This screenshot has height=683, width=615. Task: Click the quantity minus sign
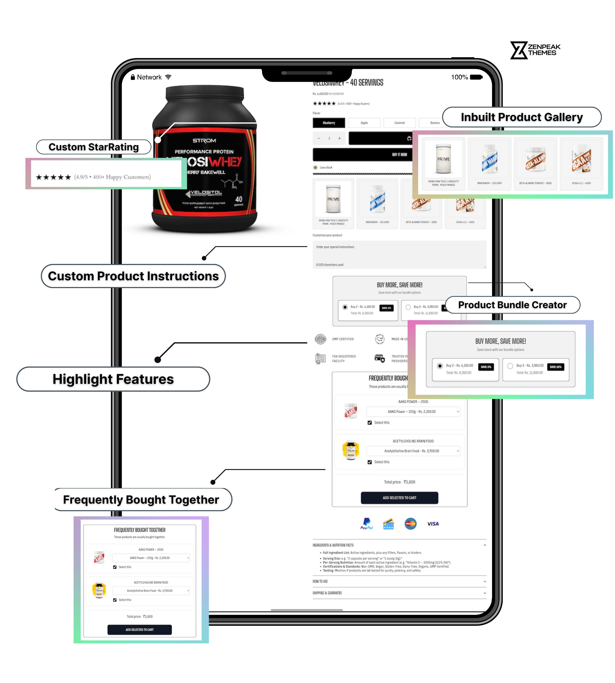coord(319,138)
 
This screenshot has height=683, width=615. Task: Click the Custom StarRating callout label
coord(94,147)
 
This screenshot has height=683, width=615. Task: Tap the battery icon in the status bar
coord(476,77)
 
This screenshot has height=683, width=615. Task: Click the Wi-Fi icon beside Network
coord(168,77)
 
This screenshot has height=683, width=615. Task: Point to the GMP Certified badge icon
coord(320,339)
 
